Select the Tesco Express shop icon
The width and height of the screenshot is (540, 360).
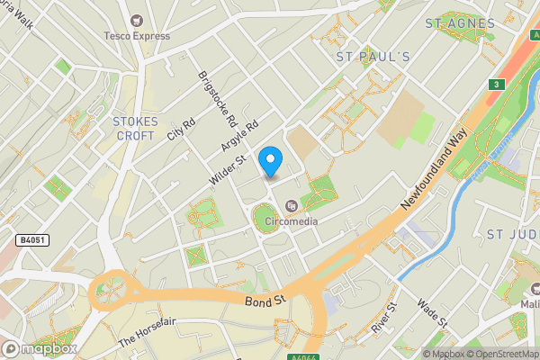tap(137, 20)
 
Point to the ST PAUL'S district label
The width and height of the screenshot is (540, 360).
tap(373, 57)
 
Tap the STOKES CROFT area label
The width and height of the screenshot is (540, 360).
tap(136, 128)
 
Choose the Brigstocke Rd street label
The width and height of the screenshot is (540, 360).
tap(218, 98)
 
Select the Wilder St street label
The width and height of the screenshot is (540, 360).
tap(227, 170)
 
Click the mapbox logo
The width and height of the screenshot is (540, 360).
tap(40, 348)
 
